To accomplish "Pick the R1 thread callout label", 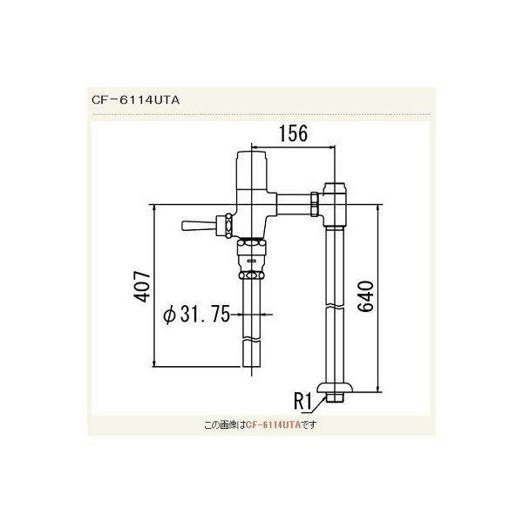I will coord(302,403).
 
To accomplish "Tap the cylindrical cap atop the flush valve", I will coord(253,165).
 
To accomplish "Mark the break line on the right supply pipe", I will coord(336,307).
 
